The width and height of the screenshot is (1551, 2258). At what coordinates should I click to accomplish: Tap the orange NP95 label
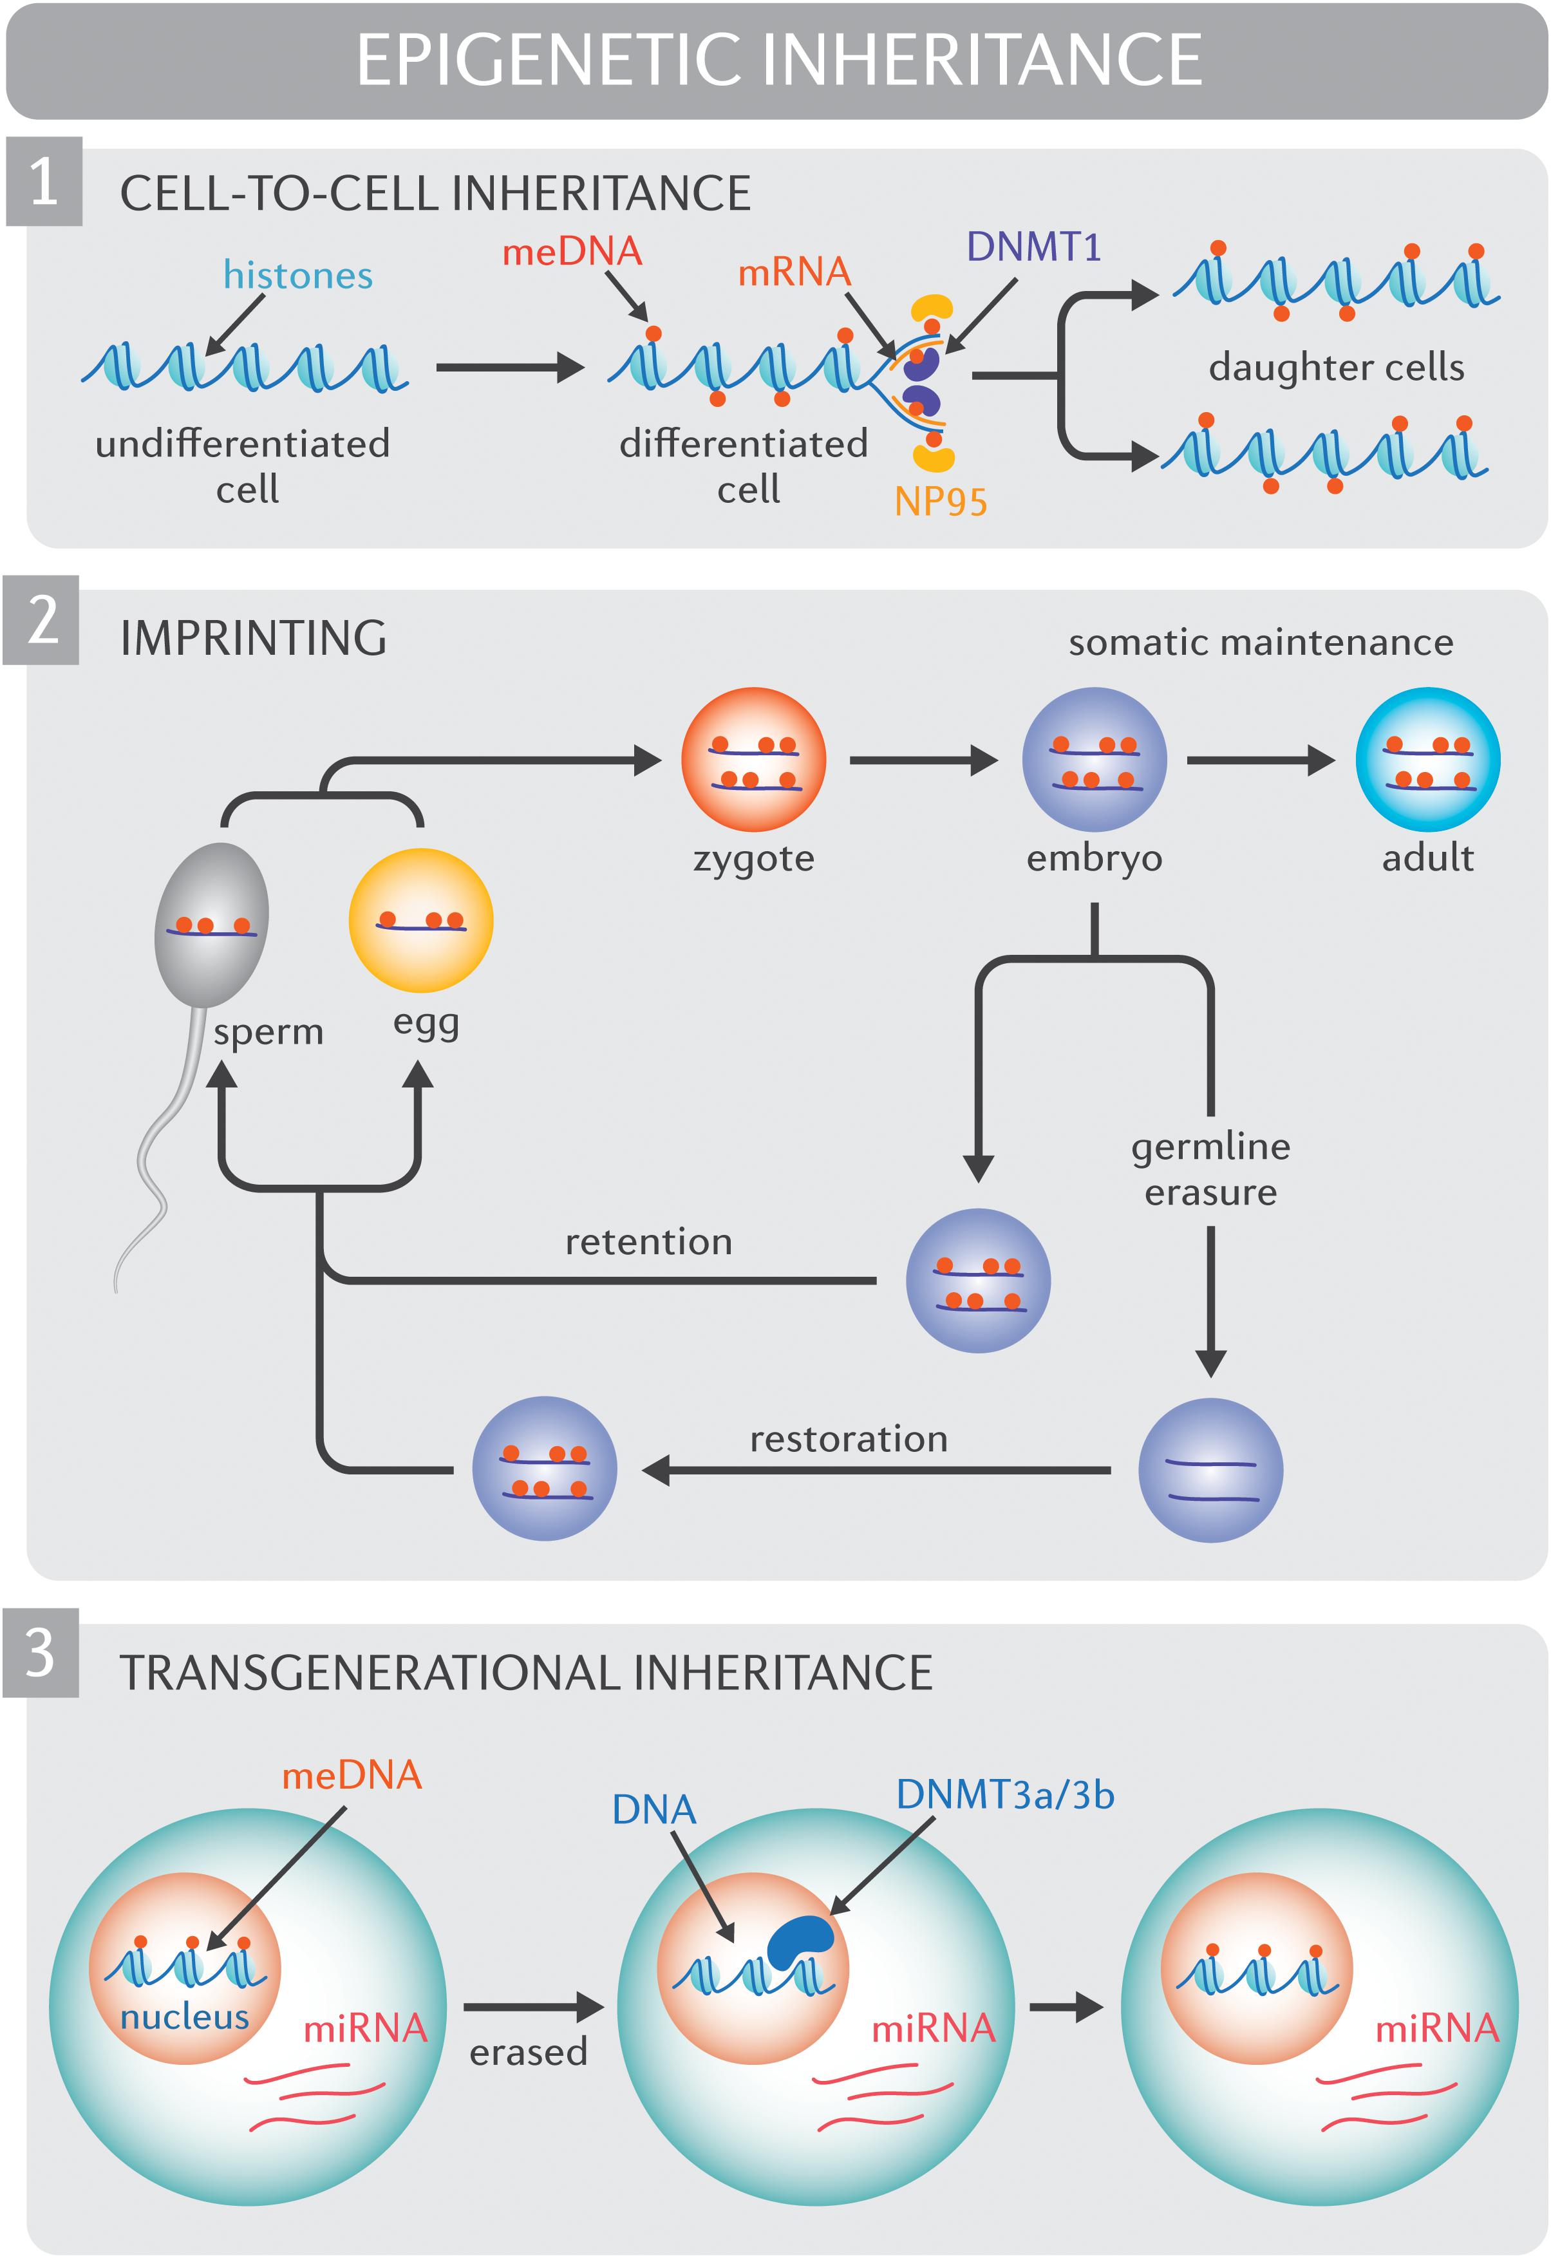click(940, 502)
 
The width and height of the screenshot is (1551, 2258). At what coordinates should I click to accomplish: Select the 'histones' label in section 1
click(297, 276)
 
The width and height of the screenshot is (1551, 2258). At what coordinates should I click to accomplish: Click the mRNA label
click(794, 272)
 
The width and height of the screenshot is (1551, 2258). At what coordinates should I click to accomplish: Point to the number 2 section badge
click(41, 620)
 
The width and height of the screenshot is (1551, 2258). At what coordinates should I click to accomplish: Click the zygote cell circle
click(753, 760)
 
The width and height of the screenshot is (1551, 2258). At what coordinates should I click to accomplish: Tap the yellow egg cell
click(421, 920)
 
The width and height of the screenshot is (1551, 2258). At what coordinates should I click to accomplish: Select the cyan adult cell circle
click(1427, 760)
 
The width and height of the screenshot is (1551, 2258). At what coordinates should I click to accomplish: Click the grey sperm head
click(212, 923)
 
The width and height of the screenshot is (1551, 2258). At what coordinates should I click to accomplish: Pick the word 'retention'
click(648, 1242)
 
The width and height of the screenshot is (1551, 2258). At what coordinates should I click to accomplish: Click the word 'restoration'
click(849, 1439)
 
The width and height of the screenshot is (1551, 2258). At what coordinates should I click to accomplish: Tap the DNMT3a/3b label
click(1005, 1794)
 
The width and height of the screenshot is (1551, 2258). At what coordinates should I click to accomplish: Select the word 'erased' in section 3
click(529, 2052)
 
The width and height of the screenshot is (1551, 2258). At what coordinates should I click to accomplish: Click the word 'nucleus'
click(185, 2017)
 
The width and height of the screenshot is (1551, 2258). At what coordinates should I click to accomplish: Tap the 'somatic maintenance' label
click(1261, 642)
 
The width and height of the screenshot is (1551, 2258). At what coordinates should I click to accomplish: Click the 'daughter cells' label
click(1335, 367)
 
